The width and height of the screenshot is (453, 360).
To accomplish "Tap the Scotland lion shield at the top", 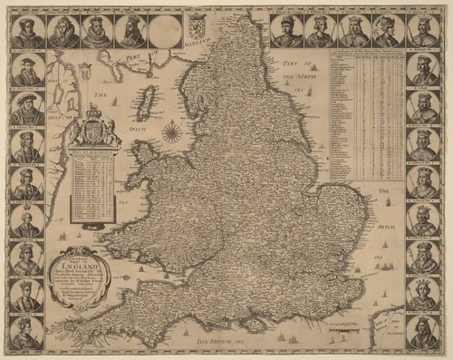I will [198, 22].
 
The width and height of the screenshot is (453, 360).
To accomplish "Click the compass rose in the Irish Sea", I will [170, 134].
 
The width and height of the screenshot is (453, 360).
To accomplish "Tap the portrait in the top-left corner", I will [27, 31].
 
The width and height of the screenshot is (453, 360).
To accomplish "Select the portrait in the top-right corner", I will [424, 31].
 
